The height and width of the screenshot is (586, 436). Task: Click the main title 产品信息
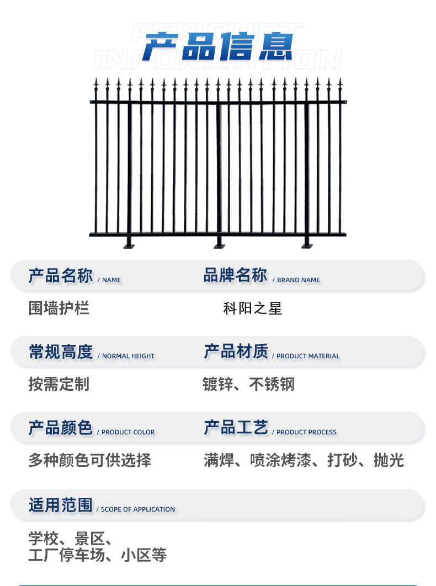click(x=217, y=46)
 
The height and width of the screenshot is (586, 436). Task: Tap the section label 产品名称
click(x=61, y=276)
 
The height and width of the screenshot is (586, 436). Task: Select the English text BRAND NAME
click(x=298, y=280)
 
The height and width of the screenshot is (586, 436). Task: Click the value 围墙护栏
click(x=59, y=308)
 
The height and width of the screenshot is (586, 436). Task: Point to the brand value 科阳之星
click(x=252, y=308)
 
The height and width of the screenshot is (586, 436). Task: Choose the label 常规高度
click(x=61, y=352)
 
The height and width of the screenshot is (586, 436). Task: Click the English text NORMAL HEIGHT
click(x=128, y=356)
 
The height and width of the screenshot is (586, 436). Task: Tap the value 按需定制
click(x=59, y=384)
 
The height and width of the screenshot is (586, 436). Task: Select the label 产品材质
click(x=236, y=352)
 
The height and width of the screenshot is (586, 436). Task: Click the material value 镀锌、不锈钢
click(x=248, y=384)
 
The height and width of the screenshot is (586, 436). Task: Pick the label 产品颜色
click(x=61, y=428)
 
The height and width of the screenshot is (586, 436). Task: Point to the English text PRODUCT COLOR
click(x=128, y=432)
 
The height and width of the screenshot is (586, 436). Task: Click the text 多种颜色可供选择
click(x=89, y=460)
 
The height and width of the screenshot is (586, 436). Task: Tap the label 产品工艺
click(x=236, y=428)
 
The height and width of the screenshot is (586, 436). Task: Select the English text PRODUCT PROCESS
click(x=306, y=432)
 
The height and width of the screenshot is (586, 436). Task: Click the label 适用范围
click(x=61, y=504)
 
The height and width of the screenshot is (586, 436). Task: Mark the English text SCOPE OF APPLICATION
click(x=138, y=509)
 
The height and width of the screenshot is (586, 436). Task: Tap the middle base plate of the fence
click(x=220, y=245)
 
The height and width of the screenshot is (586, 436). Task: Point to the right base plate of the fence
click(x=307, y=245)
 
